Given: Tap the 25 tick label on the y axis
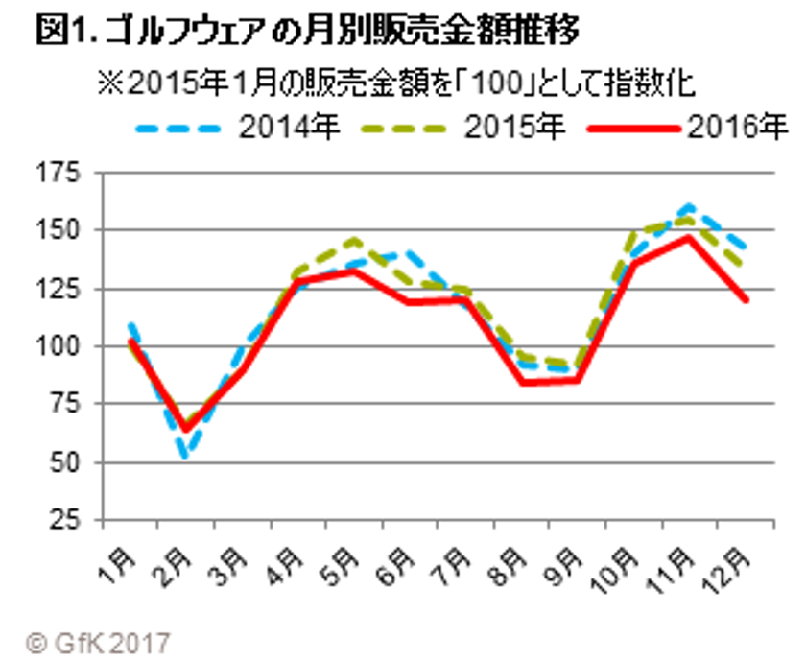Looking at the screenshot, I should tap(63, 521).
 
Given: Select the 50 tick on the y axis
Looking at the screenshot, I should tap(63, 462).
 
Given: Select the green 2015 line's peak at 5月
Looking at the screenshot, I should tap(354, 240).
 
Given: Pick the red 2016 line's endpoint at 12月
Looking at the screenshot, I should tap(746, 299).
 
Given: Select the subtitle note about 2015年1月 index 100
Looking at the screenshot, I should tap(393, 83).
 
